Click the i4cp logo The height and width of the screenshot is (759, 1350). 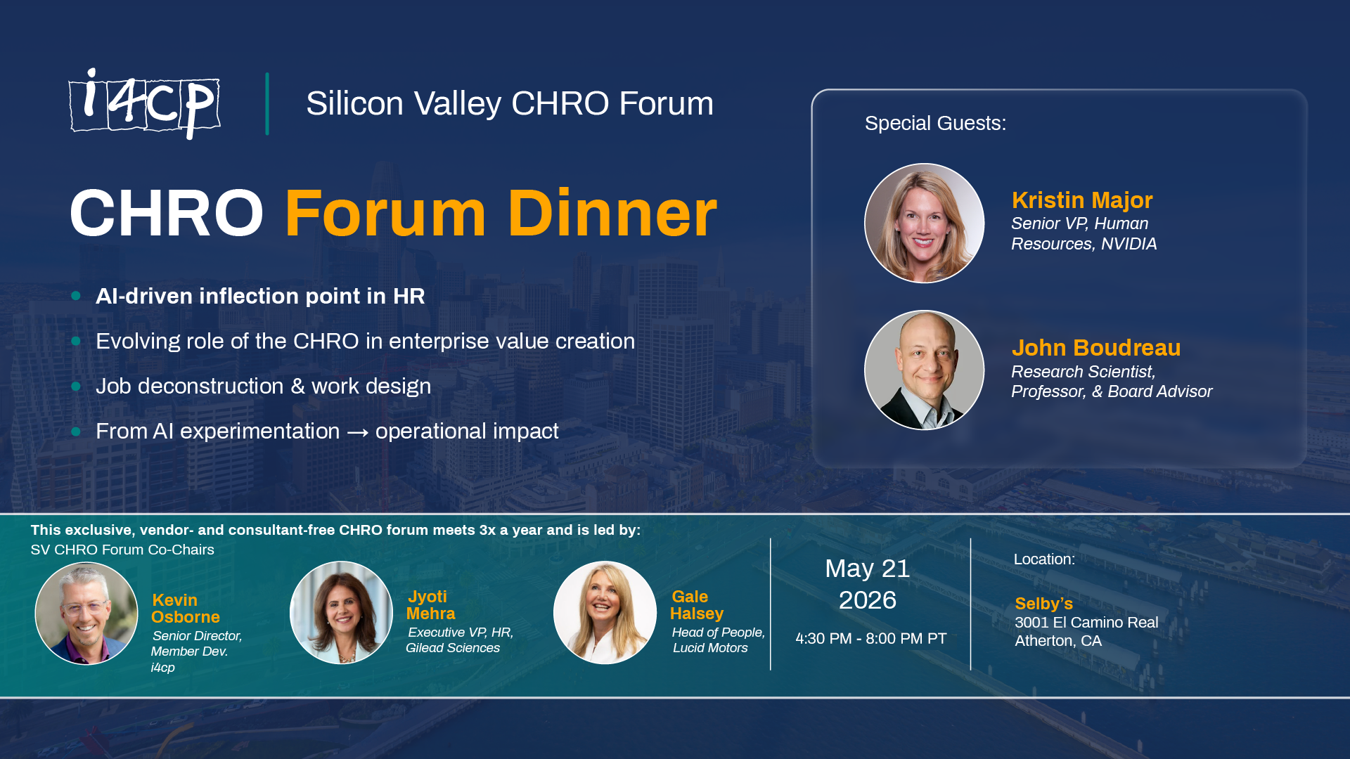click(x=144, y=104)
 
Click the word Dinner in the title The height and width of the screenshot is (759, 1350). click(x=612, y=214)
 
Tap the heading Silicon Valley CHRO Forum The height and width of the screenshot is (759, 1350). click(x=509, y=104)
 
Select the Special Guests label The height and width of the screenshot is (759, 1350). click(x=935, y=124)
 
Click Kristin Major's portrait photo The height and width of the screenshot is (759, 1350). click(x=924, y=223)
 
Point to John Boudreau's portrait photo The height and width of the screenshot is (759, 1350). click(x=924, y=370)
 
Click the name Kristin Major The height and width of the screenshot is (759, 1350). click(x=1081, y=200)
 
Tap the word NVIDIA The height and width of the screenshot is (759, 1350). click(x=1129, y=244)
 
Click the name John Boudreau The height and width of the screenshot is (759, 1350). click(x=1095, y=348)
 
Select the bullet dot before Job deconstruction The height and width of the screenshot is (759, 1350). click(x=76, y=387)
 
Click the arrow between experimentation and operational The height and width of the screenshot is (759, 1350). click(x=357, y=432)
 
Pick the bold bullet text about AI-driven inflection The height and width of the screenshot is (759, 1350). click(x=260, y=297)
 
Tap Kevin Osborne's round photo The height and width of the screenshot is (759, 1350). click(x=86, y=614)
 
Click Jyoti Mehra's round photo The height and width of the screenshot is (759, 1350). click(x=341, y=613)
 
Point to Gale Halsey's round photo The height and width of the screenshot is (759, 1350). click(x=605, y=613)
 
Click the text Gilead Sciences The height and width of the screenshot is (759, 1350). click(x=453, y=648)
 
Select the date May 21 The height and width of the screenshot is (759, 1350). click(x=867, y=569)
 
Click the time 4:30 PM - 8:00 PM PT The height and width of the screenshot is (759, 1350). click(x=870, y=639)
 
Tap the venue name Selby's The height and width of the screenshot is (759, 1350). click(x=1043, y=604)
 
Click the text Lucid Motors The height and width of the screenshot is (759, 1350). click(x=710, y=648)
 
